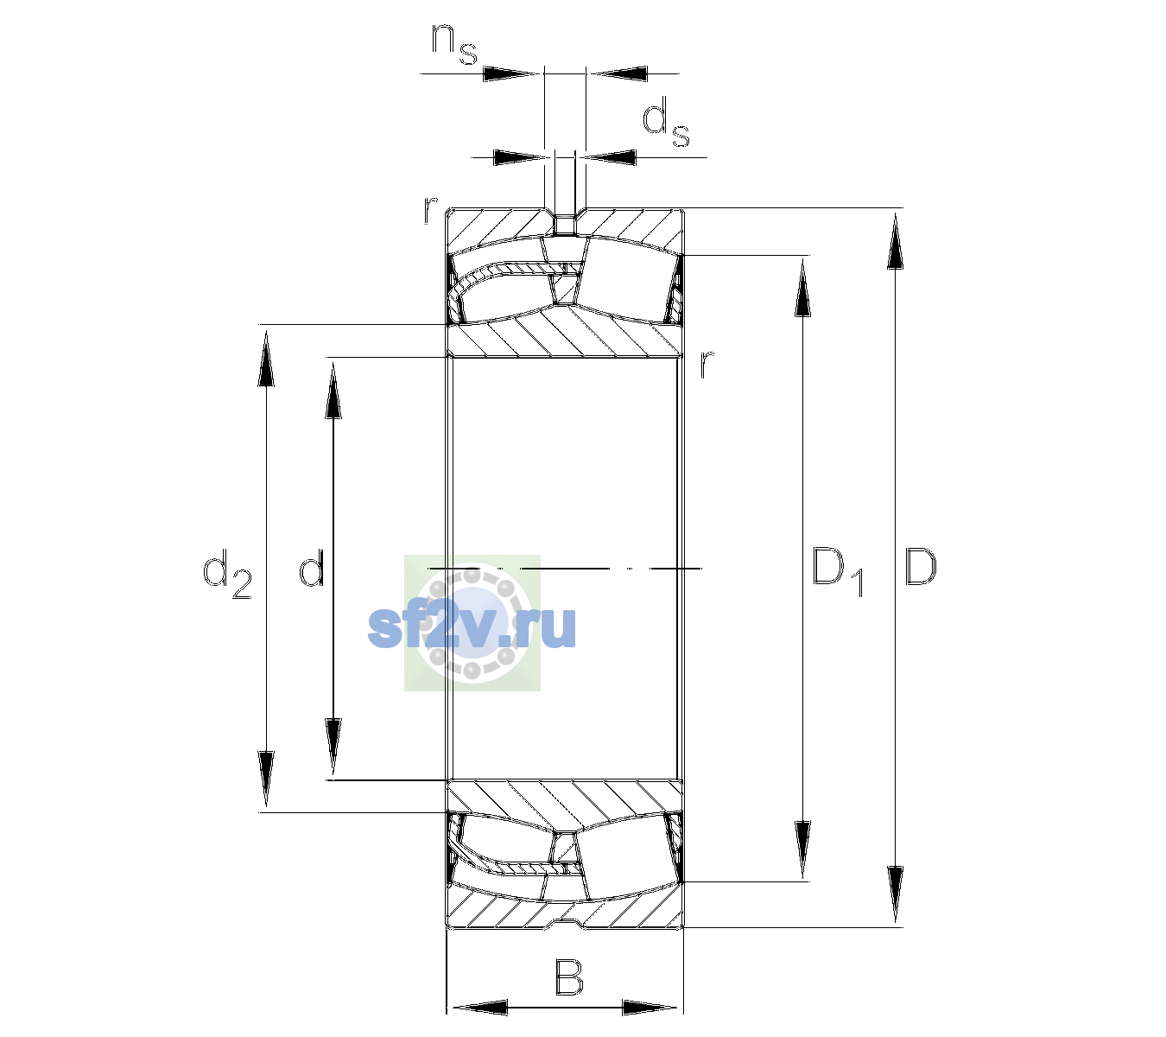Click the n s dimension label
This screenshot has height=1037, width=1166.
454,46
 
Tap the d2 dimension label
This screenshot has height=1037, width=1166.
227,574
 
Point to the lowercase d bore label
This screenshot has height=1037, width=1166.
312,568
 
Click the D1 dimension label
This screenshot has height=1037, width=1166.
838,572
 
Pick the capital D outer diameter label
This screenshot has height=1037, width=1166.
921,567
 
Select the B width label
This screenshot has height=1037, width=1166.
568,977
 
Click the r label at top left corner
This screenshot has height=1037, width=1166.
430,210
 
